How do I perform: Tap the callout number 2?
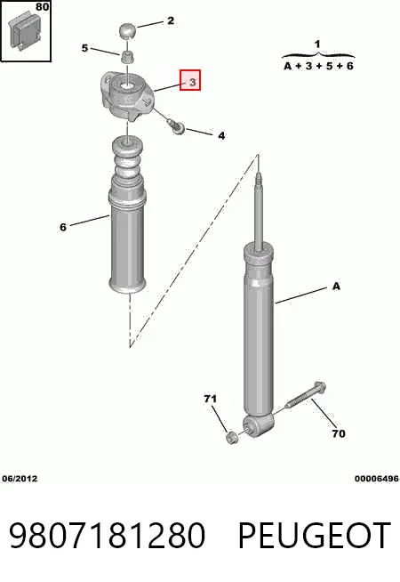[x=170, y=20]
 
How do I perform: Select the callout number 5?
[x=85, y=48]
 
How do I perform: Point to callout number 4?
[x=221, y=135]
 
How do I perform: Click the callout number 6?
[x=63, y=227]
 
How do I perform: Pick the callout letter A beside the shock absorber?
[x=336, y=287]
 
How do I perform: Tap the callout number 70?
[x=338, y=433]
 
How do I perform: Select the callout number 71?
[x=210, y=399]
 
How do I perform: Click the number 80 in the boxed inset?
[x=43, y=7]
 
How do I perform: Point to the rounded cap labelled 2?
[x=127, y=30]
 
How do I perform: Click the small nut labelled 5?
[x=127, y=58]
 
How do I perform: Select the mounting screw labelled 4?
[x=177, y=126]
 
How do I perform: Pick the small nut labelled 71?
[x=232, y=437]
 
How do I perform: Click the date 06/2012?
[x=20, y=479]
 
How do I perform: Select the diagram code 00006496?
[x=376, y=479]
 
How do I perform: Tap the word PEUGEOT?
[x=315, y=536]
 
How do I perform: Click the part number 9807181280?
[x=107, y=536]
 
